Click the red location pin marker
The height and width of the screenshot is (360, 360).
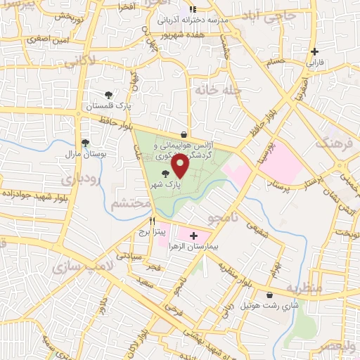coord(180,165)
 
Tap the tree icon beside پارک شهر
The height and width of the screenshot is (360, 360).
coord(166,173)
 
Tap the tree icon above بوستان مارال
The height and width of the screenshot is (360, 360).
coord(85,142)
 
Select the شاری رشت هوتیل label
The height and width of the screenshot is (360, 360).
coord(270,306)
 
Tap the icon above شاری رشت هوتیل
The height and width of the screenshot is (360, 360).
coord(271,295)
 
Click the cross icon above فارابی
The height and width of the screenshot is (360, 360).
coord(314,51)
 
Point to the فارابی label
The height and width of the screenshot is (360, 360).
coord(314,62)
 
